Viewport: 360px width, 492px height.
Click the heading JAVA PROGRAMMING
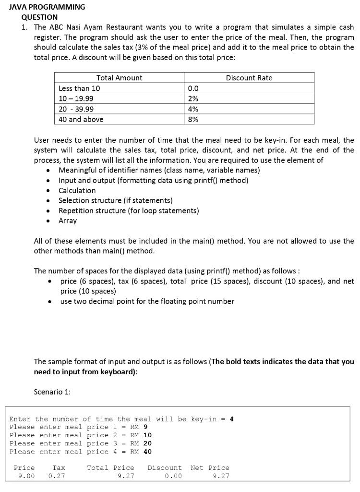(47, 7)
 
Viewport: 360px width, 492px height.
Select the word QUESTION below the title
(39, 17)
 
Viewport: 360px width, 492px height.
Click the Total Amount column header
(119, 78)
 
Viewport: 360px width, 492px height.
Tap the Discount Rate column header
(249, 78)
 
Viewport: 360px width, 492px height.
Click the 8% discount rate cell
(193, 119)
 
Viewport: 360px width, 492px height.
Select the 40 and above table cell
(81, 119)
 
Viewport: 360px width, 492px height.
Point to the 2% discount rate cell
(193, 98)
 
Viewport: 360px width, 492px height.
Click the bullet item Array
(68, 221)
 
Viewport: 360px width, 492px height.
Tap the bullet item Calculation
(77, 190)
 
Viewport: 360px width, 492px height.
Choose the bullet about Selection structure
(115, 200)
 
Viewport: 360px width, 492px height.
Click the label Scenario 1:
(52, 392)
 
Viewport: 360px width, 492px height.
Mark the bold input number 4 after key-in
(232, 419)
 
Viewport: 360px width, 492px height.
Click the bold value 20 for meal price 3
(147, 443)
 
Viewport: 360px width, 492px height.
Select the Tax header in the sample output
(59, 467)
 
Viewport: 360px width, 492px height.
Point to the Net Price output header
(210, 467)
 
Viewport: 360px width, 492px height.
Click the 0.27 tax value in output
(57, 476)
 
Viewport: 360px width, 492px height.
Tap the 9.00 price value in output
(26, 476)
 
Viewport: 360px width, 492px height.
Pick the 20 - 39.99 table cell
(76, 109)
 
